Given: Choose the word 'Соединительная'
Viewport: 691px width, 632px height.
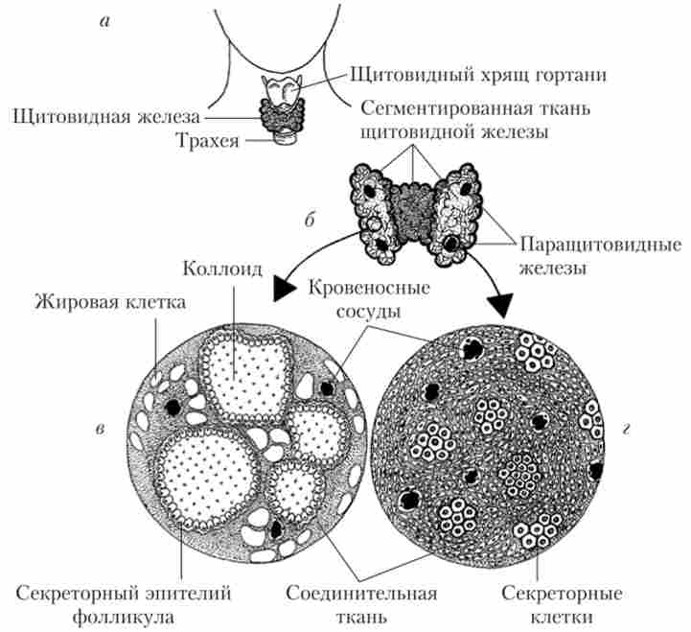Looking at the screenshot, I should click(x=368, y=591).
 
